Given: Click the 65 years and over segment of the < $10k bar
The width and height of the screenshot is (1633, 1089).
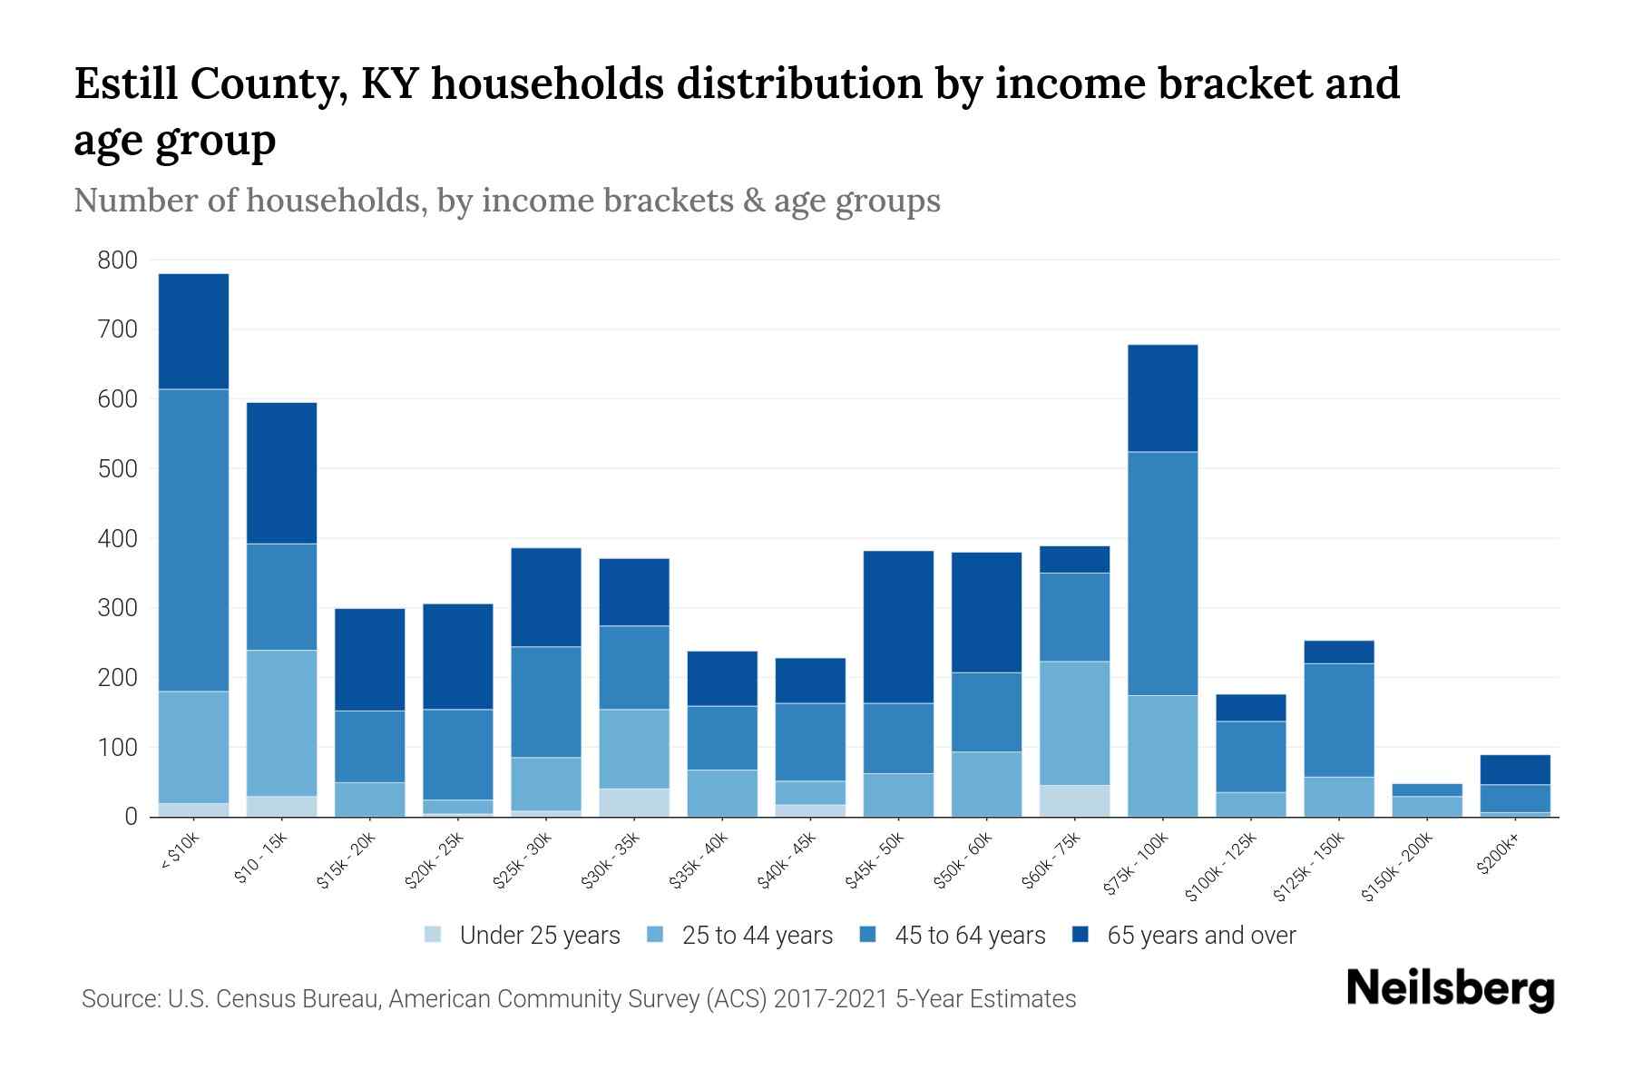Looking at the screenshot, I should [x=193, y=331].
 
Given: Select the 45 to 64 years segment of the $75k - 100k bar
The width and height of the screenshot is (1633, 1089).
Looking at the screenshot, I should [x=1162, y=574].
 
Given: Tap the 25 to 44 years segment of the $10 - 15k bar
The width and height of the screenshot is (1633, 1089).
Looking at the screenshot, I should [x=281, y=723].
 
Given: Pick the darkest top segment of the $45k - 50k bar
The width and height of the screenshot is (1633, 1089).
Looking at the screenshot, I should [x=898, y=626].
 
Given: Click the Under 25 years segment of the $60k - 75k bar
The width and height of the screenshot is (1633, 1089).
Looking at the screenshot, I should [x=1074, y=800].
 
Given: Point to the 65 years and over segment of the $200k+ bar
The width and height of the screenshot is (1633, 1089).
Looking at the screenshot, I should [x=1515, y=770].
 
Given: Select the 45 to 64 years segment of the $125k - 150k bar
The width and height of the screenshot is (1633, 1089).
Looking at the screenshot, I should [x=1339, y=720].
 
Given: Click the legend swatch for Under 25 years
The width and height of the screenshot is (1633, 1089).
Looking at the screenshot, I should [x=434, y=935].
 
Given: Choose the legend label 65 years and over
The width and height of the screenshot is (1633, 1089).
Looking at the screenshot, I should [x=1201, y=936].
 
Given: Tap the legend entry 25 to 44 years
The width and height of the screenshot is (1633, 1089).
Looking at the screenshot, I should [x=757, y=936].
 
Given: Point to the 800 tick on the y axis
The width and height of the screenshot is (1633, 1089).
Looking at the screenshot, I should [x=118, y=260].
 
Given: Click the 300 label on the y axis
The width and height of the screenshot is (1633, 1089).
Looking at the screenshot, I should [x=118, y=608].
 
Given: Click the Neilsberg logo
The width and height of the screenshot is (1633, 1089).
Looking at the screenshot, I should [x=1450, y=989].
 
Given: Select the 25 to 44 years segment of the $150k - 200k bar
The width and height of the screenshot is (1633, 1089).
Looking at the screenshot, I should [x=1426, y=806].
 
